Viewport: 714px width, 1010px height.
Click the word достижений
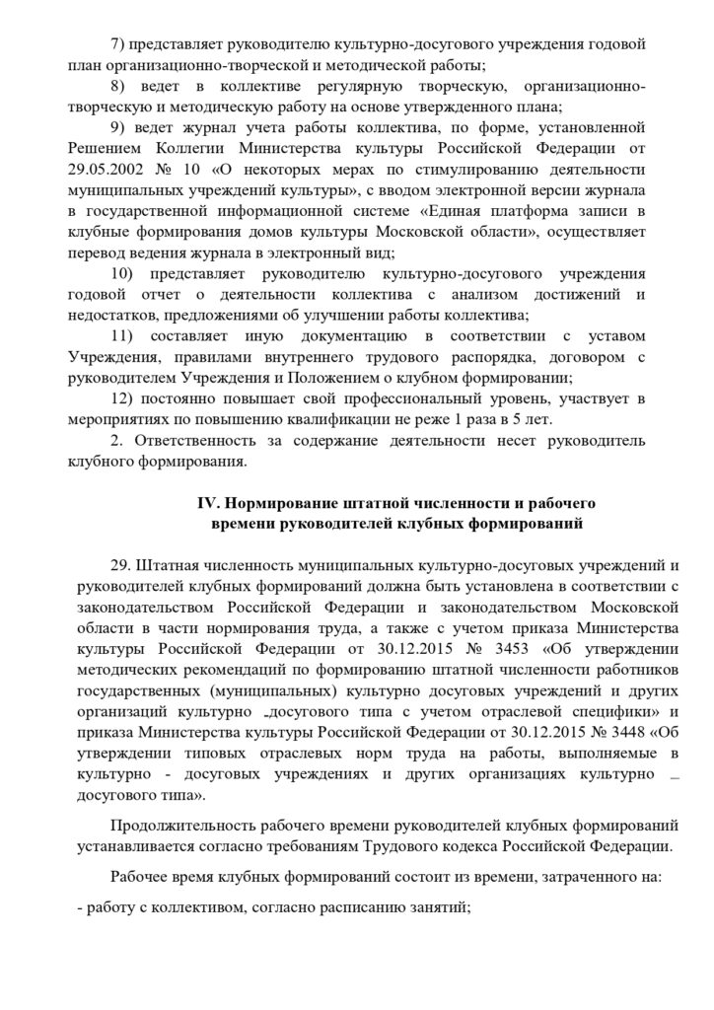[565, 294]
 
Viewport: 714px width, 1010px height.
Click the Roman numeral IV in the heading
[208, 502]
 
